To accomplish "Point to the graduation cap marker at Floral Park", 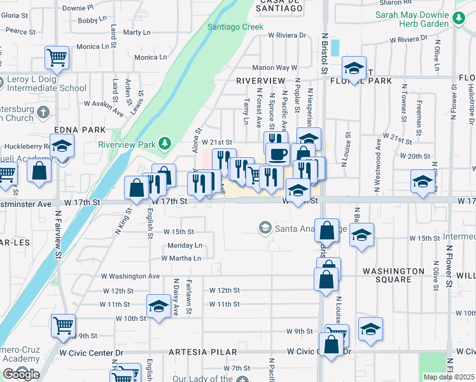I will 354,67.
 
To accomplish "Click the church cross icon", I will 43,113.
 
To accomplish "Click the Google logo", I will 21,374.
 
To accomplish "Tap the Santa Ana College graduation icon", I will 265,227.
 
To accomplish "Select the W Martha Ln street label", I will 181,258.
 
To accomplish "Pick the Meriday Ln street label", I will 185,246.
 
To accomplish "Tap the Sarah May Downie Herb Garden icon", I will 459,18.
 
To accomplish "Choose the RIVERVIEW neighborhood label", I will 260,81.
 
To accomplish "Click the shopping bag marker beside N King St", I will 137,187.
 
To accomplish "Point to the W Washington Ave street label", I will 130,276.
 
